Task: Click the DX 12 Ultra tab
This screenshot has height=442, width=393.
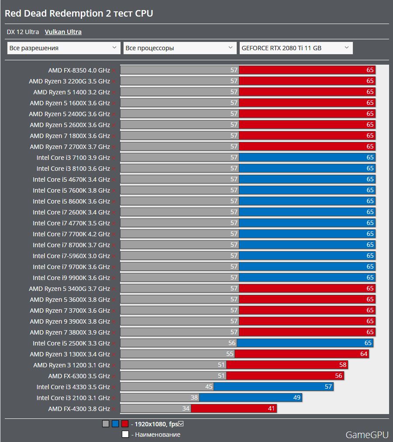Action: [23, 32]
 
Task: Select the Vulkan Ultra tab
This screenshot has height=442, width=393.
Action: [63, 32]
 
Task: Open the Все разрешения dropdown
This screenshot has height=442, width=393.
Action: [64, 48]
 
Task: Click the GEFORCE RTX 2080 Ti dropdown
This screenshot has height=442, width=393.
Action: [296, 48]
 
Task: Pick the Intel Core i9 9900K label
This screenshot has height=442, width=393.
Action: [71, 278]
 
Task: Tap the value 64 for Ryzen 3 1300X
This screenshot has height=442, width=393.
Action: [364, 354]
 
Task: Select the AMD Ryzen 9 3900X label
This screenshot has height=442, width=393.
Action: [70, 321]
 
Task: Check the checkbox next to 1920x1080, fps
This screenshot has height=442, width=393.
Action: [181, 423]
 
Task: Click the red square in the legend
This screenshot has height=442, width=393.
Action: [125, 424]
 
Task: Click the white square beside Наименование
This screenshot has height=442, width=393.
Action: [125, 434]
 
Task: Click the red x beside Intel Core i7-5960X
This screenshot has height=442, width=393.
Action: [114, 256]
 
